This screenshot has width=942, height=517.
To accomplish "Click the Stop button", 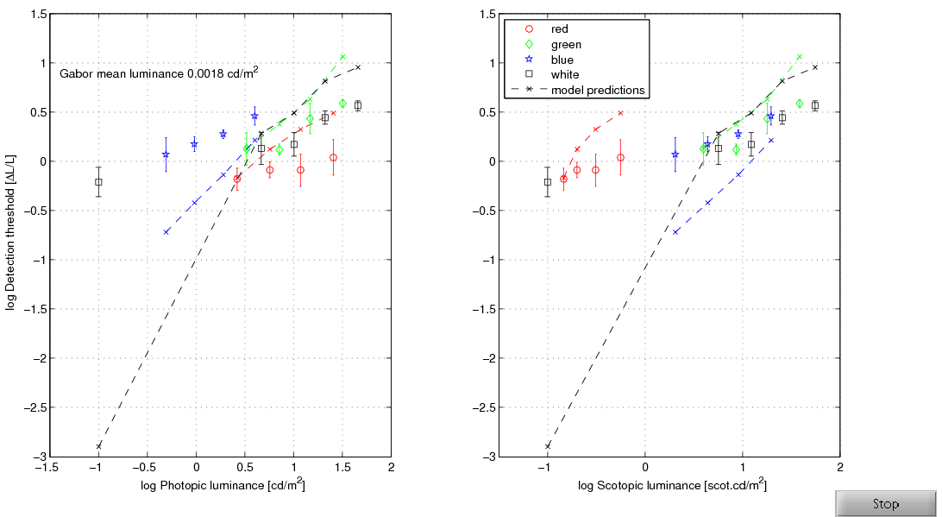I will (885, 504).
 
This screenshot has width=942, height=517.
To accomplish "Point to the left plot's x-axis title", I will (223, 486).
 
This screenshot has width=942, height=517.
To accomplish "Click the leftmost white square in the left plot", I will (98, 182).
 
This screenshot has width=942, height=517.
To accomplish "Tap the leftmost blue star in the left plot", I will (166, 154).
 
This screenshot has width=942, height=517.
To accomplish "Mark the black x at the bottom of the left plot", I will (98, 446).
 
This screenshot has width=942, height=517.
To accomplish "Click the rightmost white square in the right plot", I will (814, 106).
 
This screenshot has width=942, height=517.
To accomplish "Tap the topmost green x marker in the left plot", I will (342, 57).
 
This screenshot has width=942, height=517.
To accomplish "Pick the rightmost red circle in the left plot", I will (333, 157).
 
